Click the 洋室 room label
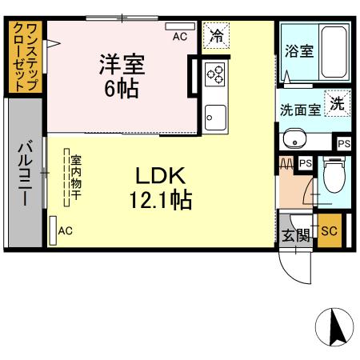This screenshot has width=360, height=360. point(119,62)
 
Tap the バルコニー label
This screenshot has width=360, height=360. point(24,173)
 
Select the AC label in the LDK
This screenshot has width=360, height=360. point(66,231)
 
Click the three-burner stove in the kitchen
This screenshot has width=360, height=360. point(216,75)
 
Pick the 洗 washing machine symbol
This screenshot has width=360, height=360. point(339,103)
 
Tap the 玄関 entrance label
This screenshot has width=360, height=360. point(296,234)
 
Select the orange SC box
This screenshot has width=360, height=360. point(328,233)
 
